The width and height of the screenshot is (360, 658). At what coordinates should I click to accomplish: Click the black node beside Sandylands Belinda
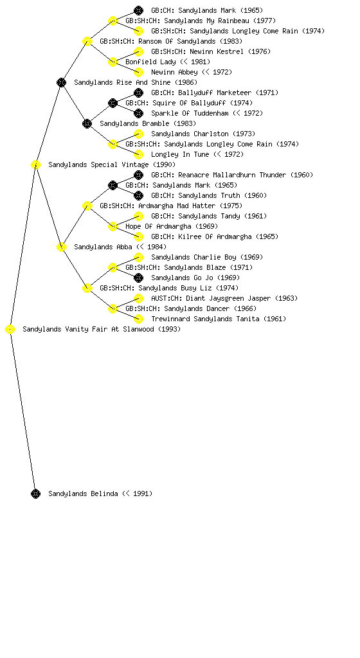[35, 493]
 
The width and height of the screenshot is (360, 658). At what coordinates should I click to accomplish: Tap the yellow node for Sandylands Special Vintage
[35, 164]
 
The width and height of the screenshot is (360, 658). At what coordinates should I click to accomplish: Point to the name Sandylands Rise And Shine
[122, 83]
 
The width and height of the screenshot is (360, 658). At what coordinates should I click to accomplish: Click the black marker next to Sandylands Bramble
[87, 123]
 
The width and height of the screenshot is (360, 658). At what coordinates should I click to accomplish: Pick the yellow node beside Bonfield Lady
[113, 62]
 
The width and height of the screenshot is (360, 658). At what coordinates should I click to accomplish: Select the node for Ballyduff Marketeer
[138, 93]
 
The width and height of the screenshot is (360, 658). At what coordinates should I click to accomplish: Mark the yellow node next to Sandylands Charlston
[138, 134]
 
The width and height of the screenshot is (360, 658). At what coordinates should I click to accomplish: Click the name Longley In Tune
[180, 154]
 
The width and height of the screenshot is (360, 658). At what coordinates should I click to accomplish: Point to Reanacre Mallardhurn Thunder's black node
[138, 175]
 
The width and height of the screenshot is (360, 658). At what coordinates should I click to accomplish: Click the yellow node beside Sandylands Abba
[61, 247]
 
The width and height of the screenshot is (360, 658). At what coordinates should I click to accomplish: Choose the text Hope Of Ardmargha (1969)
[172, 227]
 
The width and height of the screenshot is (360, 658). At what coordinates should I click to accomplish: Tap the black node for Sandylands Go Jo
[138, 278]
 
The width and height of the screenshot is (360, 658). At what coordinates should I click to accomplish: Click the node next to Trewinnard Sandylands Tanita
[138, 319]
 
